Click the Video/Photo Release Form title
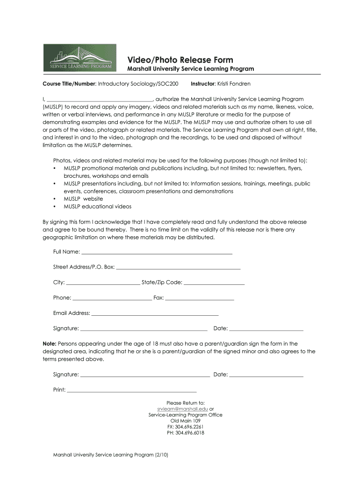(x=180, y=60)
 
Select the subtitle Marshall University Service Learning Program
(x=191, y=69)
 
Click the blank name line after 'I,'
(x=100, y=99)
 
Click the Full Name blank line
(x=157, y=253)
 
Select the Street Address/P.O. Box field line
(x=178, y=268)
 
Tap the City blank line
(x=103, y=283)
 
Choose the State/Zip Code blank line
(x=214, y=283)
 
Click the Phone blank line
(x=112, y=298)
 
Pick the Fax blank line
(x=200, y=298)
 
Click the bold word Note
(x=50, y=344)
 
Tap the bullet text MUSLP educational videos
(x=97, y=206)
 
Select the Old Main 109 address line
(x=186, y=421)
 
